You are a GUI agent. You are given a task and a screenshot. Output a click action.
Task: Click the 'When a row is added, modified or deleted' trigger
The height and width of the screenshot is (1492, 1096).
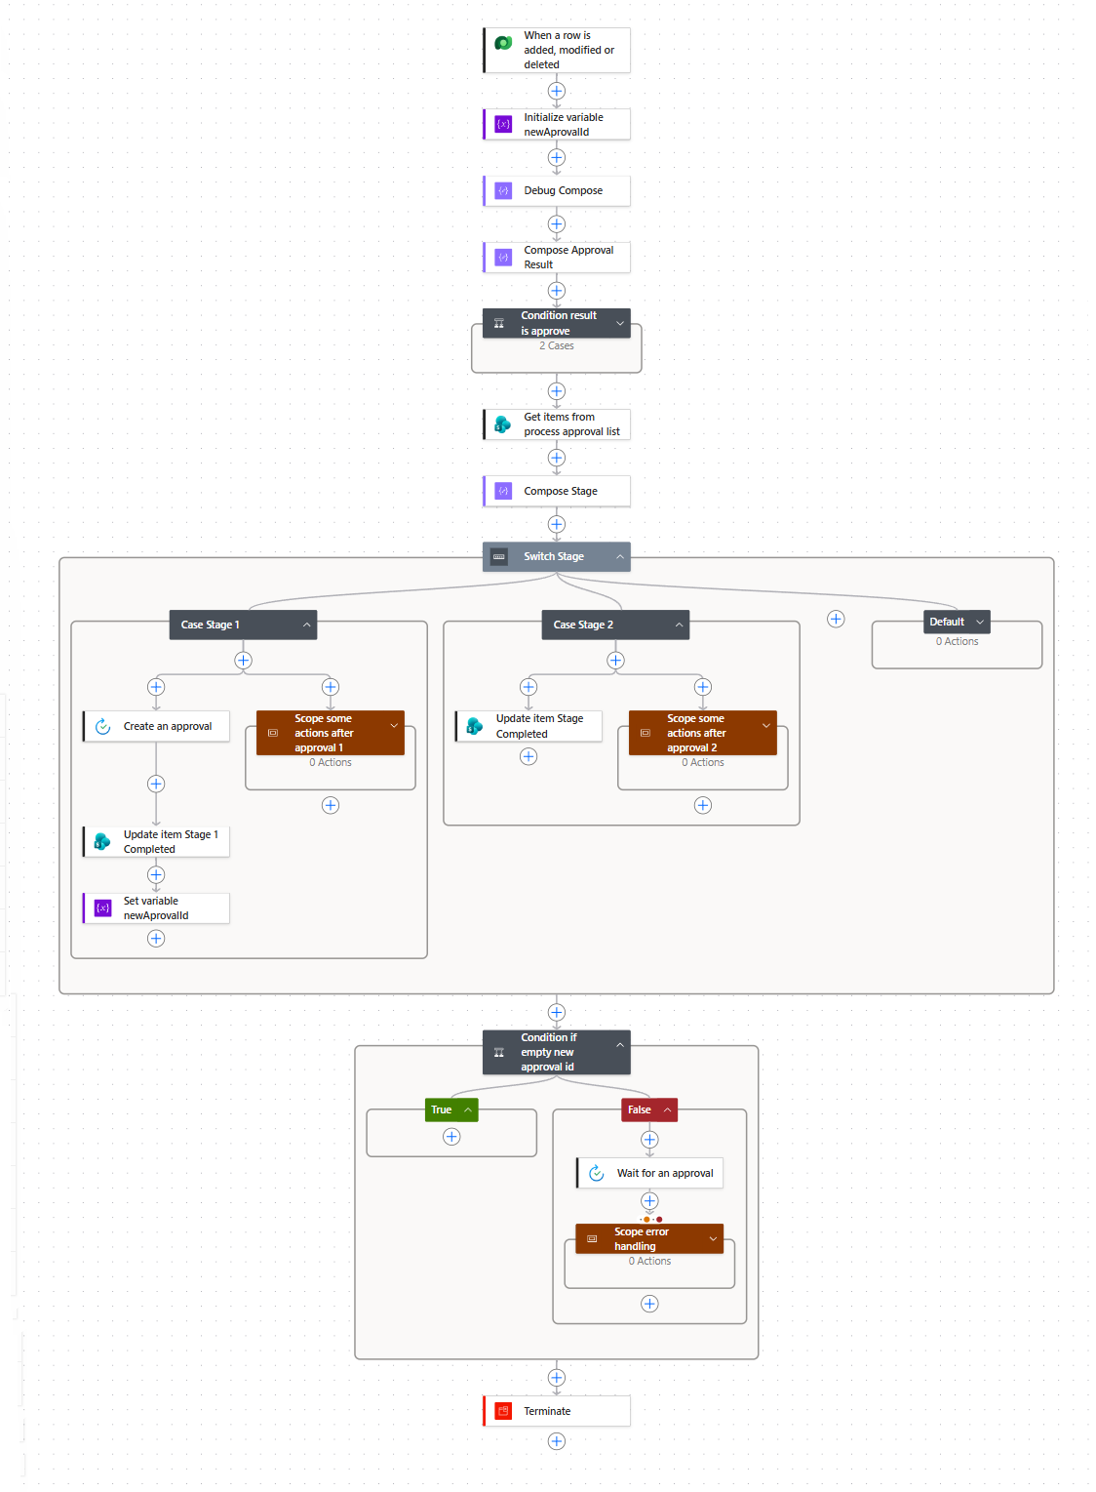point(556,50)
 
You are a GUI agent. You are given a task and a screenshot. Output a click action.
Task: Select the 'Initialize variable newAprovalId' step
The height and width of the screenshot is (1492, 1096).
point(556,125)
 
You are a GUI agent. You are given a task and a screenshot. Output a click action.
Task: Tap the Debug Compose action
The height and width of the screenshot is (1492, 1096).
point(556,190)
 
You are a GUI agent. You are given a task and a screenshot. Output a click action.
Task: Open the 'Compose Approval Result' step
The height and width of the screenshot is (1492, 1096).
point(556,257)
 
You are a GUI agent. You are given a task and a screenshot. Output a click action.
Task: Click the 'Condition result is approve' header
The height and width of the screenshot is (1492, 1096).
point(556,323)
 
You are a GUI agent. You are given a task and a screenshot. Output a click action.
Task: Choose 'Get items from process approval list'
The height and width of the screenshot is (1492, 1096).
point(556,424)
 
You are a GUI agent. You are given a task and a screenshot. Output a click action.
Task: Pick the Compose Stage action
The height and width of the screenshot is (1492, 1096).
point(556,491)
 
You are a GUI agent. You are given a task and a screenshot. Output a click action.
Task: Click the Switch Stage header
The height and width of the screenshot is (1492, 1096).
point(556,556)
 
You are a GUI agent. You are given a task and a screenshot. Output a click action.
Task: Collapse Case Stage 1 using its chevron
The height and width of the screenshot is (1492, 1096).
point(306,625)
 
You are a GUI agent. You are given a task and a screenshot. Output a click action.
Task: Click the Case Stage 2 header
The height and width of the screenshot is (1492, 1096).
point(615,625)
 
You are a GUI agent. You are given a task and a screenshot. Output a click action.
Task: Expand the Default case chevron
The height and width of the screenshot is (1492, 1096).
point(979,622)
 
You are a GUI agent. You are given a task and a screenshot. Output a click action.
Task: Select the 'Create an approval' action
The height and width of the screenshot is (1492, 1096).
point(156,726)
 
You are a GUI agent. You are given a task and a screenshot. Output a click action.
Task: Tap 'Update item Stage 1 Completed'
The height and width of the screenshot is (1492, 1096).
point(156,841)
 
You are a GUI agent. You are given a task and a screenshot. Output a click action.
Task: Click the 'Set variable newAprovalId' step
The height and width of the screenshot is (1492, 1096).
point(156,907)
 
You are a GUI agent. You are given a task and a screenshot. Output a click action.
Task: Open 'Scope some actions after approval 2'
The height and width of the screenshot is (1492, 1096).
point(702,733)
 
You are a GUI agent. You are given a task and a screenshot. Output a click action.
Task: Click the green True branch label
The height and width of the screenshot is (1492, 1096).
point(451,1109)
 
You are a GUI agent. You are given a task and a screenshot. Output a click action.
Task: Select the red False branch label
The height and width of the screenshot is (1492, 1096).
point(648,1109)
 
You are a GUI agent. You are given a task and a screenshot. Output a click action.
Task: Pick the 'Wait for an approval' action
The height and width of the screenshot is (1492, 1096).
point(648,1173)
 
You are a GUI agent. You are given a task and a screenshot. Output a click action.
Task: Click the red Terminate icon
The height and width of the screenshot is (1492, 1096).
point(503,1411)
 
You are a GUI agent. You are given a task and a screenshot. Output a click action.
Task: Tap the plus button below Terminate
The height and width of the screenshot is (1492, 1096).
point(557,1441)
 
